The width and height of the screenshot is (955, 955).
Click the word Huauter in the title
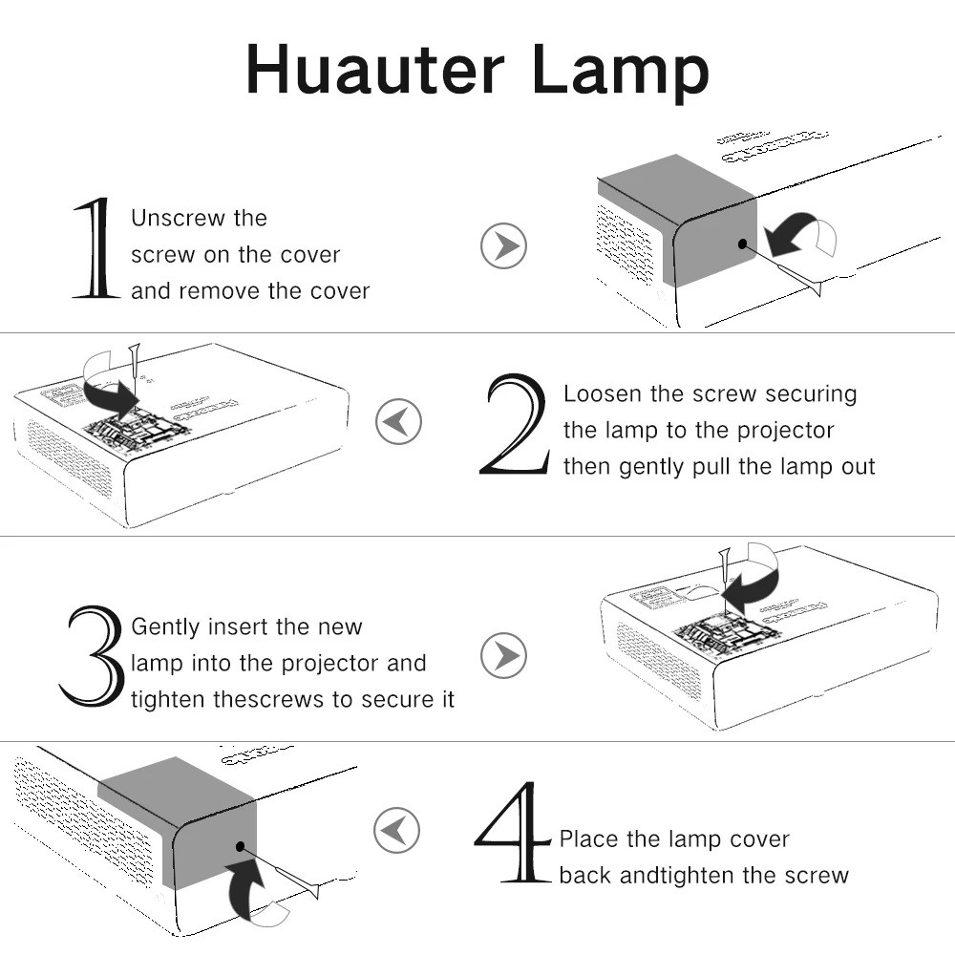tap(375, 69)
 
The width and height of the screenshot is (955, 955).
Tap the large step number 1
tap(95, 248)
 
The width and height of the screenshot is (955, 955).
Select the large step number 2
tap(515, 424)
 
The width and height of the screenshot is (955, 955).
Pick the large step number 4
tap(513, 832)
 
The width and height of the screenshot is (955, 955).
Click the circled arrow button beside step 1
tap(503, 246)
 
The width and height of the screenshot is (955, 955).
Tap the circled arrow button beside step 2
tap(398, 421)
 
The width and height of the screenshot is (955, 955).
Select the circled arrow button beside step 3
tap(503, 655)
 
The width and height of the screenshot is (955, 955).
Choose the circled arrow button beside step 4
tap(396, 830)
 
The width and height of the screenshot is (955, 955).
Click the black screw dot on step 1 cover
tap(742, 244)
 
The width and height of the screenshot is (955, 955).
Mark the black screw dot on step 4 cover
tap(240, 846)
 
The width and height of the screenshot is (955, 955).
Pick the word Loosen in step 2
tap(603, 393)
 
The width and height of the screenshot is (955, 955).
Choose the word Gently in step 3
tap(165, 627)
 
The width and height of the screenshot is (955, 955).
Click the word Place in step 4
tap(589, 838)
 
